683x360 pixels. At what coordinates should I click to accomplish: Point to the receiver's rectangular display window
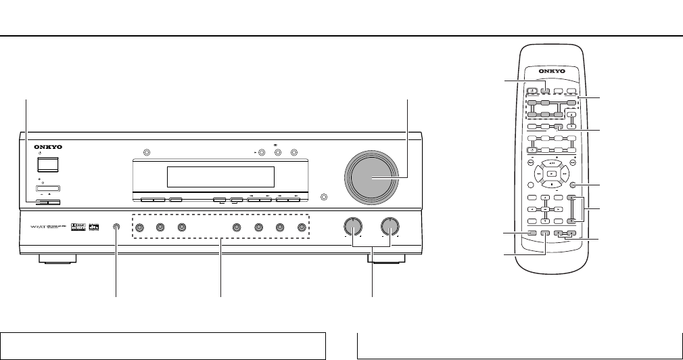click(220, 177)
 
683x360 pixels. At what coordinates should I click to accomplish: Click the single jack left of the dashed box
click(117, 227)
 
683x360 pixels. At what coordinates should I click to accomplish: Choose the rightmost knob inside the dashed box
click(298, 227)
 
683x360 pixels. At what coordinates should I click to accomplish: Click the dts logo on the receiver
click(94, 227)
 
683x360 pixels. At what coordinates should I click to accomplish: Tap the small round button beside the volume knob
click(325, 198)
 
